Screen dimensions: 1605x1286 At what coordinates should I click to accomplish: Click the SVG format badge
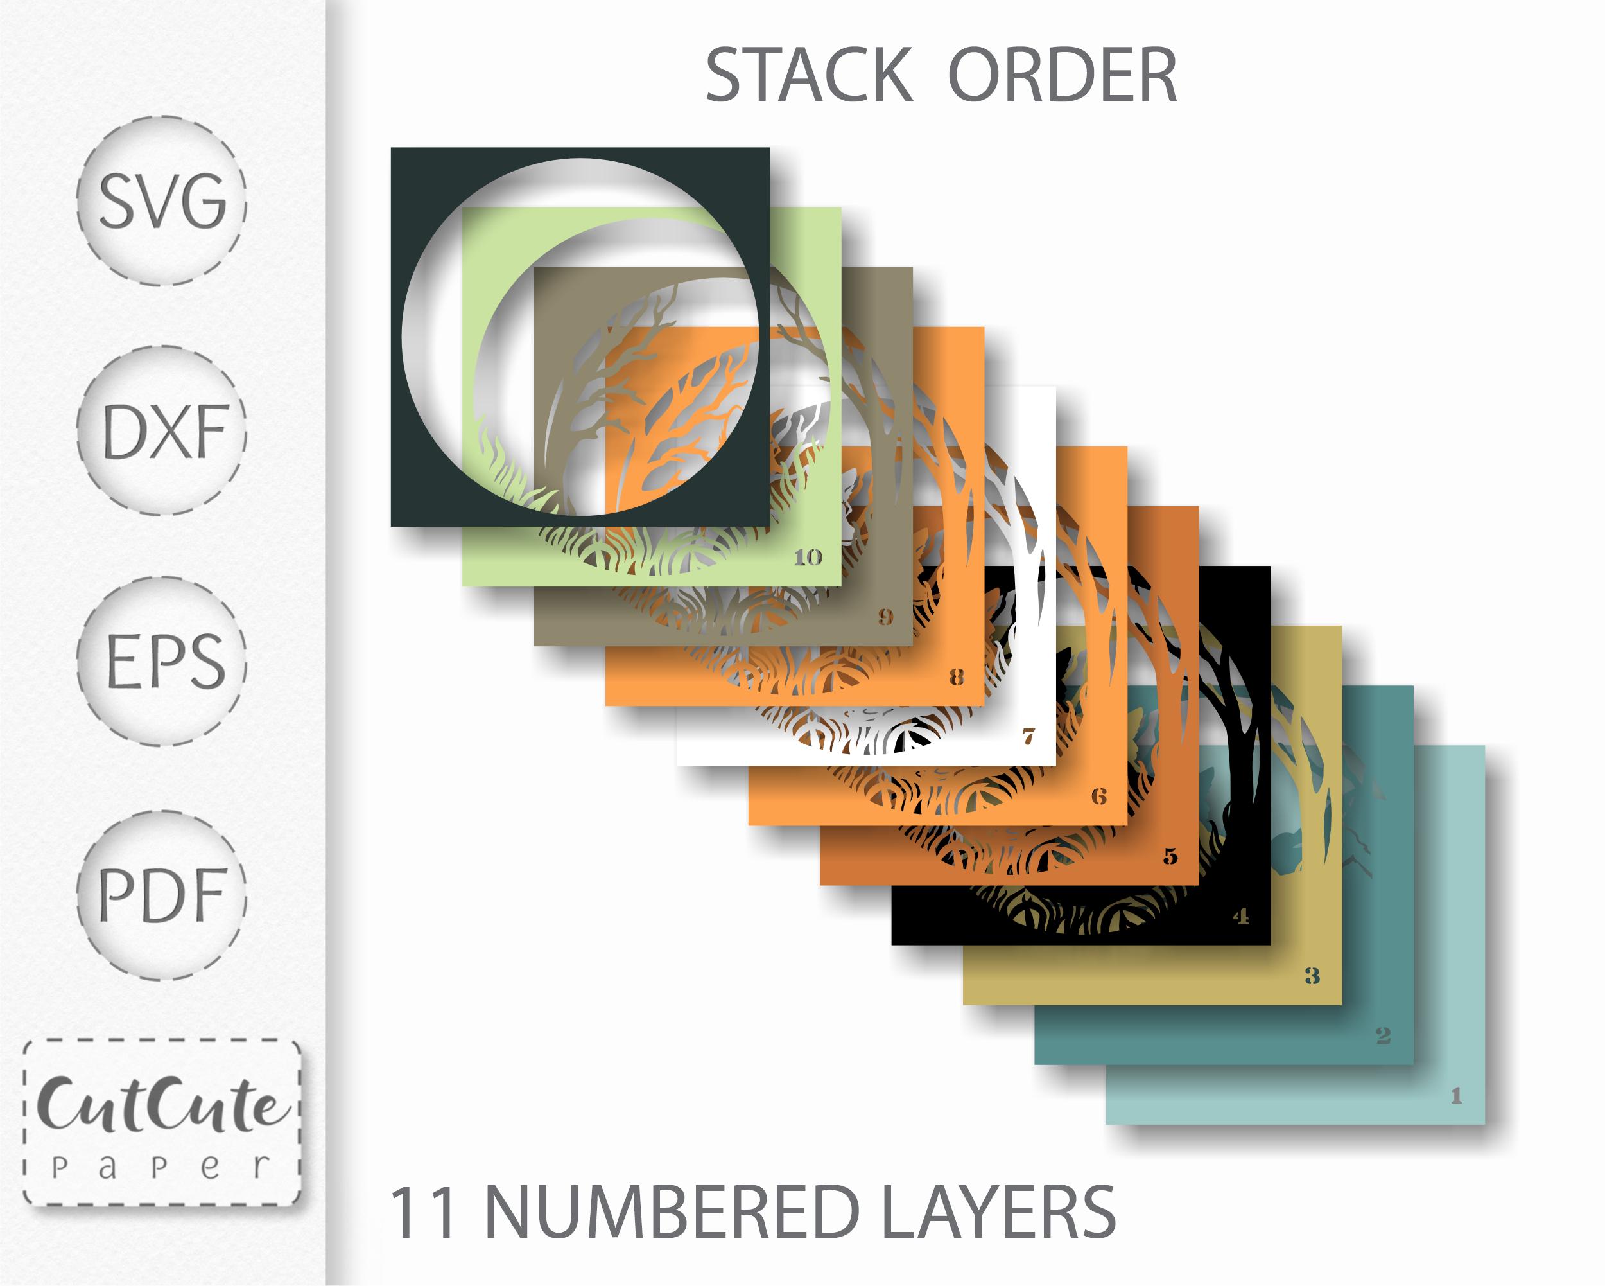click(162, 201)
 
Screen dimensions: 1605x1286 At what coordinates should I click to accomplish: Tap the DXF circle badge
click(162, 431)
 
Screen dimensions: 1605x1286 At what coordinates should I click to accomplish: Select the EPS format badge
click(162, 661)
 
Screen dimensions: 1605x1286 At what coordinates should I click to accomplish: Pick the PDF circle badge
click(162, 895)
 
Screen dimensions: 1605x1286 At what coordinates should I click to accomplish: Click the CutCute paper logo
click(162, 1122)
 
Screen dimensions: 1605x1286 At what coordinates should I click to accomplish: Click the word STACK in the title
click(808, 75)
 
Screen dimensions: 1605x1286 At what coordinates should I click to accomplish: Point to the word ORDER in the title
click(1063, 75)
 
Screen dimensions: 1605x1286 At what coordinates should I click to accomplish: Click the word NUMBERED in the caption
click(672, 1213)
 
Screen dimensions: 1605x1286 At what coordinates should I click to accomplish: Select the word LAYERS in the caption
click(999, 1213)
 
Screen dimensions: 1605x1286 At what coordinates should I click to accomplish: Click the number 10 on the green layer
click(808, 557)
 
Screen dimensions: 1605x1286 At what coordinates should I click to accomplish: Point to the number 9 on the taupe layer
click(885, 617)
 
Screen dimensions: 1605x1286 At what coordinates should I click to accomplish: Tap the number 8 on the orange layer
click(957, 677)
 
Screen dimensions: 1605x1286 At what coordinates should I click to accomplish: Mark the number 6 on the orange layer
click(1100, 796)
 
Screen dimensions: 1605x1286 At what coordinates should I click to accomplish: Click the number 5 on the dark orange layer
click(1171, 856)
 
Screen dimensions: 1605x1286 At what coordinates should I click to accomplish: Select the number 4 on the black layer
click(1241, 916)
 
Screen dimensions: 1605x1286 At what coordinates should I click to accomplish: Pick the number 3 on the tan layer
click(1312, 976)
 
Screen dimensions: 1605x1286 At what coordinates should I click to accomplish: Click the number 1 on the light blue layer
click(1457, 1095)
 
